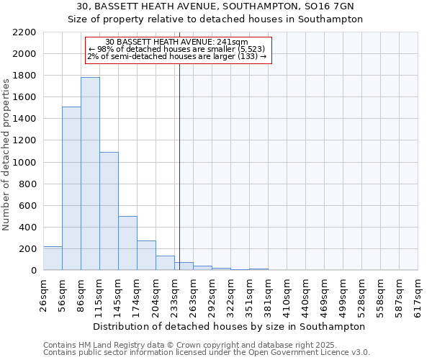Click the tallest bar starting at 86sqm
coord(90,174)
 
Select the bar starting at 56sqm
coord(71,189)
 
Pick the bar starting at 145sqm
coord(127,243)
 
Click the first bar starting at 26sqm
coord(53,258)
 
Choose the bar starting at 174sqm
coord(146,256)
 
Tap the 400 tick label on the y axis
coord(28,228)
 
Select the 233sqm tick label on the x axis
coord(175,294)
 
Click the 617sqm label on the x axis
coord(418,294)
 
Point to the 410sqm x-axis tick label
coord(287,294)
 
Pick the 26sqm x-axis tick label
coord(44,294)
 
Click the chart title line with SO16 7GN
coord(216,6)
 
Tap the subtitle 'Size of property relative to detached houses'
coord(216,19)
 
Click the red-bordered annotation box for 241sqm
coord(178,50)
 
